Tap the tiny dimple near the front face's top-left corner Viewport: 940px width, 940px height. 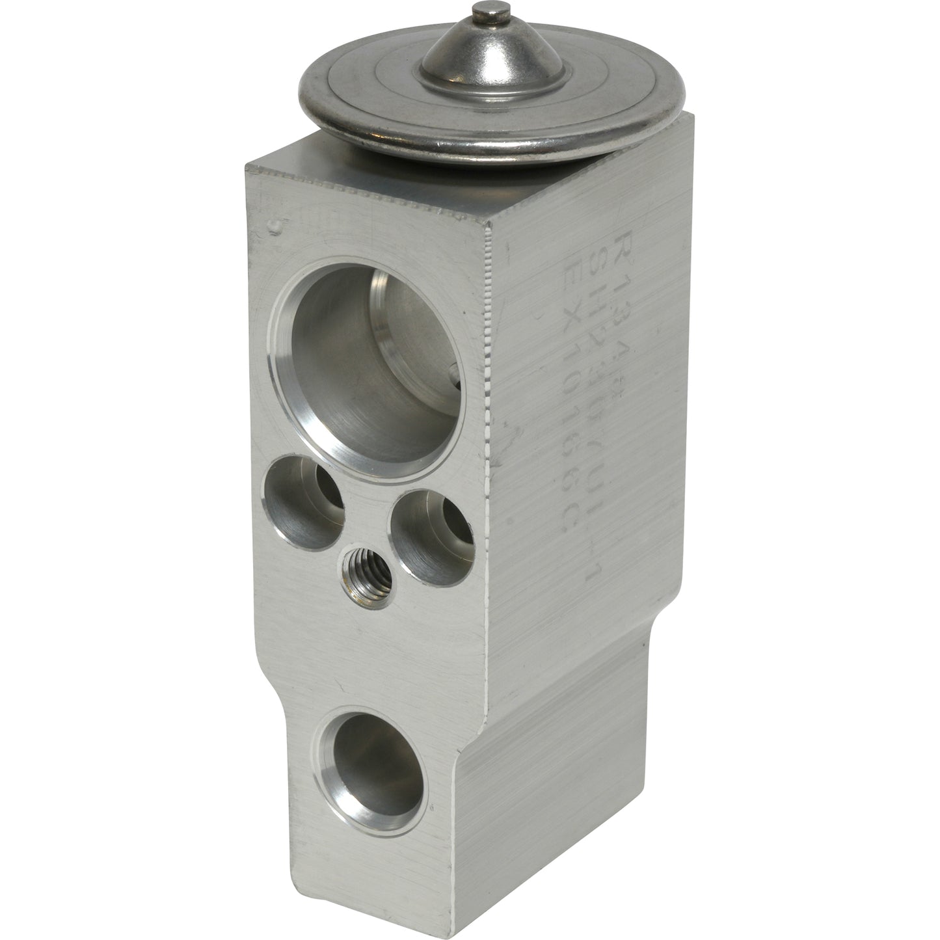pos(276,226)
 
